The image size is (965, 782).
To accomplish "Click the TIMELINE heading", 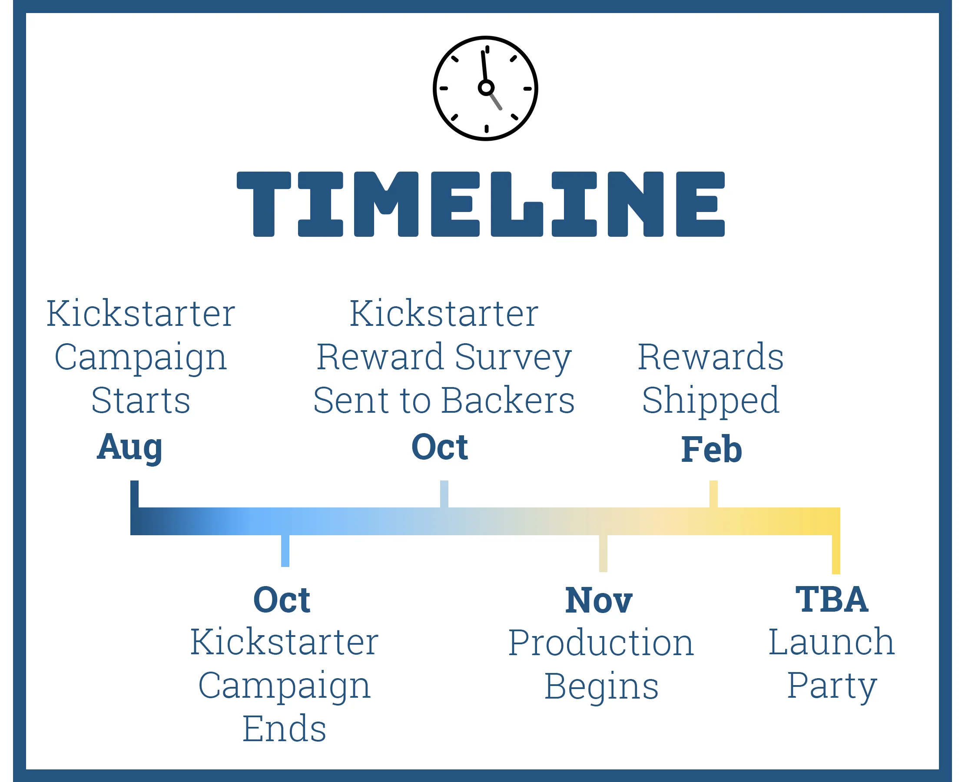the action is coord(481,204).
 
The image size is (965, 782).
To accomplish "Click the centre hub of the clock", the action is coord(486,87).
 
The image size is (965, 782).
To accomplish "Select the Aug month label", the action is coord(129,447).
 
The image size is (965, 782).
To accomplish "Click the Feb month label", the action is coord(712,450).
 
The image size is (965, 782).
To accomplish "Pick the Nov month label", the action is coord(599,600).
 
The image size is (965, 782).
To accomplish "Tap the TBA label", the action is coord(832,600).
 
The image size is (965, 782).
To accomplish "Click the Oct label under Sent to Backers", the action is coord(440,447).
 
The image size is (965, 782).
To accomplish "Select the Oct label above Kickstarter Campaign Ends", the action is coord(282,600).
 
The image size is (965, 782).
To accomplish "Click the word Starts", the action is coord(141,401).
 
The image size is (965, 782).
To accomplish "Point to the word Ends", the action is coord(284,729).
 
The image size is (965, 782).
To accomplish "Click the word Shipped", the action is coord(711,401).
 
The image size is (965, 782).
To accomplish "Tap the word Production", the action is coord(601,643).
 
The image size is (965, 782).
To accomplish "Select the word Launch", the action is coord(832,642).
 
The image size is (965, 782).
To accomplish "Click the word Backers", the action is coord(508,401).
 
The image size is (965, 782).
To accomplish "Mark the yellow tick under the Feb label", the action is coord(713,494).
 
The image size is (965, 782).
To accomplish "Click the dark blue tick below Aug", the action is coord(134,494).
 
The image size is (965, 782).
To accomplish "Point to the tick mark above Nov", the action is coord(603,553).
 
